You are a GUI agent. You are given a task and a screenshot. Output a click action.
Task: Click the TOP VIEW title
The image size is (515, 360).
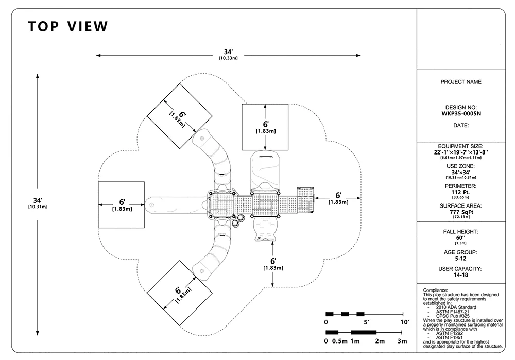click(x=68, y=27)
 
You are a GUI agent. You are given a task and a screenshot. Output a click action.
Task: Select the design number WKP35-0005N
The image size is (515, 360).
click(x=461, y=114)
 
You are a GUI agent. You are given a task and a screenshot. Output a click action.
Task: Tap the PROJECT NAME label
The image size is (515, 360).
click(x=461, y=82)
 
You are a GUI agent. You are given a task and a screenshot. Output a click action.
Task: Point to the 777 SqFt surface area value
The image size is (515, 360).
click(x=461, y=212)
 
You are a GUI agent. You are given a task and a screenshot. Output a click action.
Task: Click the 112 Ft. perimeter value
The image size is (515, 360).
click(x=460, y=192)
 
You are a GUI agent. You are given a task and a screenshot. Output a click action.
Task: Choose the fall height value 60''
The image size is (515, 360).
click(x=460, y=238)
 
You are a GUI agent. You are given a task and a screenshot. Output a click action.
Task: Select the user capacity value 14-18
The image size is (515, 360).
click(x=460, y=275)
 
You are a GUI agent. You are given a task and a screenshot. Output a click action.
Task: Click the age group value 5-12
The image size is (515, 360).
click(x=460, y=259)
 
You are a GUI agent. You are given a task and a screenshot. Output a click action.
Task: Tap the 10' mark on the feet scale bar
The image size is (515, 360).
click(x=405, y=322)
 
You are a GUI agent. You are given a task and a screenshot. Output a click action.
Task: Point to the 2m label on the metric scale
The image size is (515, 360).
click(x=380, y=341)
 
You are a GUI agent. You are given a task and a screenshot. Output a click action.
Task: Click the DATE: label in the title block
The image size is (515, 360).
click(x=461, y=125)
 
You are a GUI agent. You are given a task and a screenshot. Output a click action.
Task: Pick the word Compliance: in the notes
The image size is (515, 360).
click(x=435, y=290)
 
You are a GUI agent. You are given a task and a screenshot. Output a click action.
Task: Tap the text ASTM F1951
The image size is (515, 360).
click(x=449, y=337)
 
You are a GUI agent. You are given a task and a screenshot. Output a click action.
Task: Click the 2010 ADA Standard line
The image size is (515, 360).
click(x=456, y=307)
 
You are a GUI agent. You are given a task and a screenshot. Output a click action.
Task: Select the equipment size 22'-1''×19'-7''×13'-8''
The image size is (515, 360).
click(x=461, y=152)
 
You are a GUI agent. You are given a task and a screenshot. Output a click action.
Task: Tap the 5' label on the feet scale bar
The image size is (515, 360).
click(x=366, y=322)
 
